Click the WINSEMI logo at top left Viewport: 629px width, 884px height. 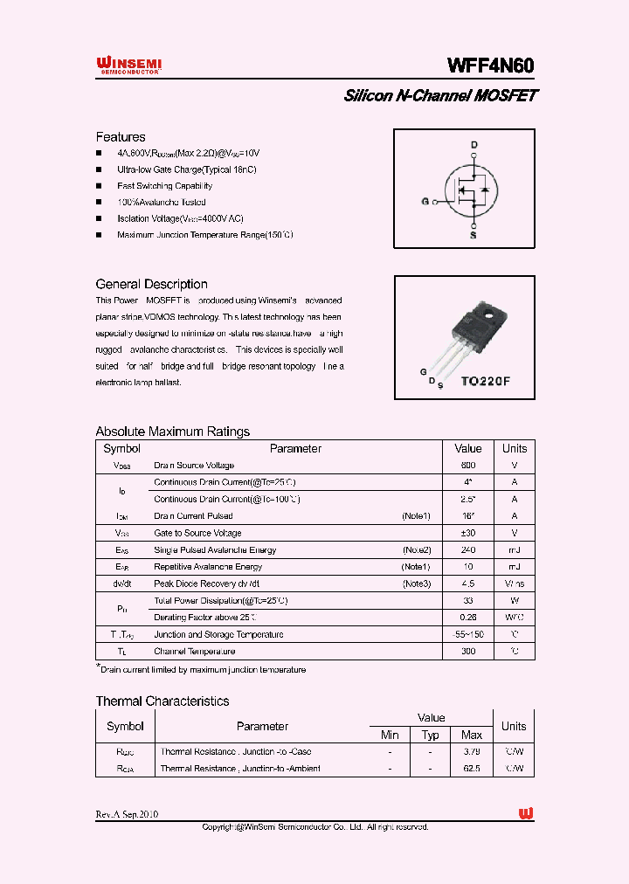coord(128,66)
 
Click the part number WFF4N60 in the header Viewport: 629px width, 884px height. coord(490,66)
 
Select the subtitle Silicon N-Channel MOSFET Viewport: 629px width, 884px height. coord(440,96)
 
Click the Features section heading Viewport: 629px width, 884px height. coord(121,137)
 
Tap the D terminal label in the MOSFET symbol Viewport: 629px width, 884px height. coord(474,145)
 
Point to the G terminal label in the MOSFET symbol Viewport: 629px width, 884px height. coord(425,202)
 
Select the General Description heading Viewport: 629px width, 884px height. coord(151,284)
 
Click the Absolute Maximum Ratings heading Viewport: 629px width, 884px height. coord(172,432)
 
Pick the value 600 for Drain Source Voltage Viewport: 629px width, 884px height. coord(468,466)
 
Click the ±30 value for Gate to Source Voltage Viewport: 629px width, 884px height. coord(468,533)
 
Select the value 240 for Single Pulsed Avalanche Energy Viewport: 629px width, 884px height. coord(468,550)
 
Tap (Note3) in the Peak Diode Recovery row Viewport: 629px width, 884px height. coord(416,584)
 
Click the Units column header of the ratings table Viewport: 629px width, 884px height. coord(515,448)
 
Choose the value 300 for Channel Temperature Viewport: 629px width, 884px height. coord(468,652)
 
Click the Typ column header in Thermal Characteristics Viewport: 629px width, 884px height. coord(431,736)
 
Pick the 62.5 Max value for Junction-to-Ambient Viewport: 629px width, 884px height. coord(472,769)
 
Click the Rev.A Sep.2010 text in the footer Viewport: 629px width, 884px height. coord(127,814)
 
